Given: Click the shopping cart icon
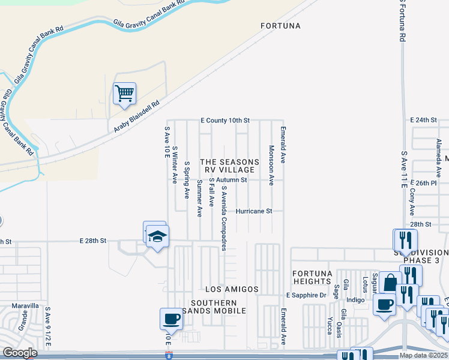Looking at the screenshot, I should (x=124, y=94).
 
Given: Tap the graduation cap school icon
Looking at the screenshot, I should (x=157, y=236).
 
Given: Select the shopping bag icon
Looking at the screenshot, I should (x=390, y=283).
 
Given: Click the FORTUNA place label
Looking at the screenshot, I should (x=280, y=26).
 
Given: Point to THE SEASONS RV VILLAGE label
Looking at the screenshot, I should (x=229, y=166).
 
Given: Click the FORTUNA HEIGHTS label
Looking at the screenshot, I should (x=312, y=278).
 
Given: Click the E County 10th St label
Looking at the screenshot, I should (x=224, y=121).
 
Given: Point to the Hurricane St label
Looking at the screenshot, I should (x=254, y=211).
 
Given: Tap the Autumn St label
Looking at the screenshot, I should (x=232, y=179).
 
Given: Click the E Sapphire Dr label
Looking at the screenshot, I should (x=306, y=295).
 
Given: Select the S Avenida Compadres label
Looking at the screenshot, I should (x=224, y=218).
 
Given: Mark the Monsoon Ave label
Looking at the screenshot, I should (x=271, y=165).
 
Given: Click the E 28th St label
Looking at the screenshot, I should (x=93, y=240).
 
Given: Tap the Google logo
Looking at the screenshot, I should (x=20, y=353).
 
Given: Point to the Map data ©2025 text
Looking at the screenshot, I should (x=423, y=355).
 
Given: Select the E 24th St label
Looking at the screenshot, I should (x=423, y=120).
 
